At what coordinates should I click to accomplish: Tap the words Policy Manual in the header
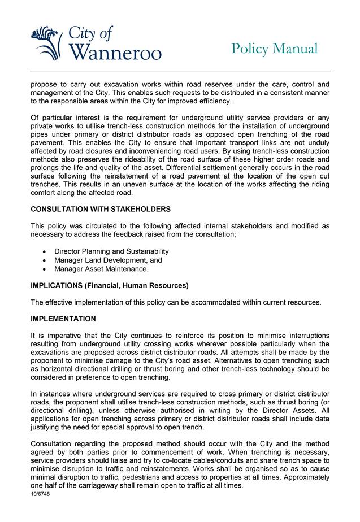click(x=274, y=49)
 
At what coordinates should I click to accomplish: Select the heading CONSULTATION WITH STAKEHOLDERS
click(x=101, y=209)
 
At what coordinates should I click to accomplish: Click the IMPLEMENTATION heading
click(x=63, y=319)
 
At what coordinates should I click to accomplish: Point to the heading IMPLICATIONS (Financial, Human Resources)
click(x=110, y=285)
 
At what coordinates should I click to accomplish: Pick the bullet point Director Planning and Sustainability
click(x=111, y=251)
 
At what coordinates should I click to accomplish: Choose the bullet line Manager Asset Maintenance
click(x=101, y=269)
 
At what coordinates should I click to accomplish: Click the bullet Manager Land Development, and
click(x=108, y=260)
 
